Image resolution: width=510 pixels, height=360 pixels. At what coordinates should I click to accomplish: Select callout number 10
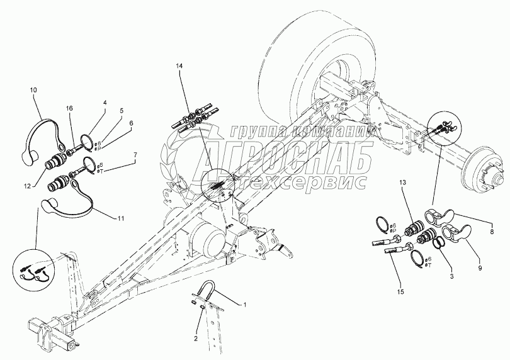(x=33, y=90)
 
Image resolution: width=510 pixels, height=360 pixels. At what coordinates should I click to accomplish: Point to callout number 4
(x=105, y=102)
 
